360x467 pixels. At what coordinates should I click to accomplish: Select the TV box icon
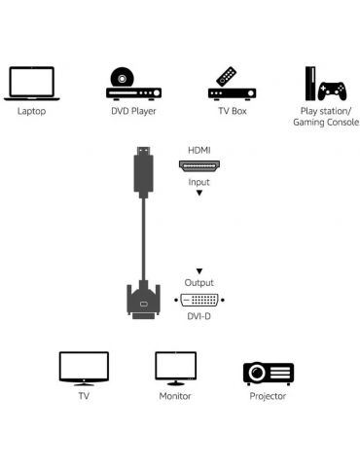232,86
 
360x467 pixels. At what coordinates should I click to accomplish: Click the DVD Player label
133,110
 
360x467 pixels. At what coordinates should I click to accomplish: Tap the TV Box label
232,110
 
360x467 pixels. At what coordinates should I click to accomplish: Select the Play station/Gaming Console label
323,116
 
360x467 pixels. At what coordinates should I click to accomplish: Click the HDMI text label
198,151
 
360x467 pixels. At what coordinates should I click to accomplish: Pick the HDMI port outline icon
198,166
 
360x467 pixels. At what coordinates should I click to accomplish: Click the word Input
198,182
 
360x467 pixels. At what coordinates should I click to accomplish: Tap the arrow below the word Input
198,194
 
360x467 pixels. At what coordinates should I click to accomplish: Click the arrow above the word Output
198,270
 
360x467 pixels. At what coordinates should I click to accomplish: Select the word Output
198,283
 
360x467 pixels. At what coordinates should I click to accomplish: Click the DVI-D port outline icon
198,300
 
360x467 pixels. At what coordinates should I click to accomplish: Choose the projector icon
268,372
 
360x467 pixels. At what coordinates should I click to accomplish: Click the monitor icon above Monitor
175,368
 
